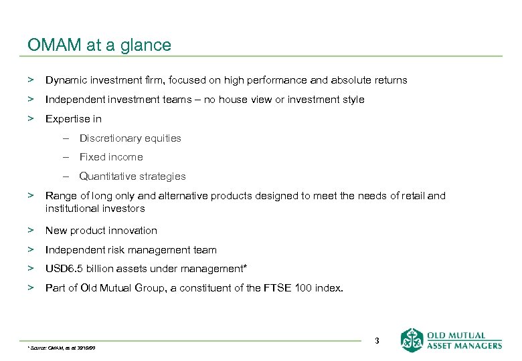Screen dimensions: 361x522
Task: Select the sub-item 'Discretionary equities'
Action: pyautogui.click(x=130, y=138)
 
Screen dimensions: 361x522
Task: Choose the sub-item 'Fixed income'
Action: pyautogui.click(x=111, y=157)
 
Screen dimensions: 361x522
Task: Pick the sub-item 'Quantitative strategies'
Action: pyautogui.click(x=133, y=176)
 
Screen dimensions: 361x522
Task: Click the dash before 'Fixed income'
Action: pyautogui.click(x=68, y=157)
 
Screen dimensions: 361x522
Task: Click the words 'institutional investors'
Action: pyautogui.click(x=95, y=208)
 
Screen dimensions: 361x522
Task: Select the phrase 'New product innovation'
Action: pyautogui.click(x=101, y=231)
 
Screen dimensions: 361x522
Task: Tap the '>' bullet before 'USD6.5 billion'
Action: pyautogui.click(x=30, y=269)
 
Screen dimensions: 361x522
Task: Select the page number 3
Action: pyautogui.click(x=377, y=341)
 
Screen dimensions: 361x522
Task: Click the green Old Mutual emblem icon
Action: pyautogui.click(x=412, y=340)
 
